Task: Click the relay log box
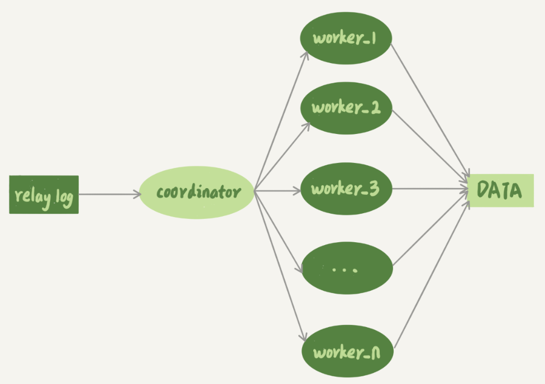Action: click(x=44, y=195)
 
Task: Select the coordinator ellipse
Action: click(x=197, y=193)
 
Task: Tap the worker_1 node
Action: click(x=346, y=37)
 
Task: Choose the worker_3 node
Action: click(x=346, y=189)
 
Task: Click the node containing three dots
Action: click(x=347, y=269)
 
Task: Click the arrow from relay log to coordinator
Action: click(x=109, y=194)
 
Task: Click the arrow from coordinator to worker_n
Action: click(x=280, y=265)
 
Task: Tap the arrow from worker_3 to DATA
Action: click(x=430, y=189)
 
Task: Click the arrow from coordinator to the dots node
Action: click(x=279, y=232)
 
